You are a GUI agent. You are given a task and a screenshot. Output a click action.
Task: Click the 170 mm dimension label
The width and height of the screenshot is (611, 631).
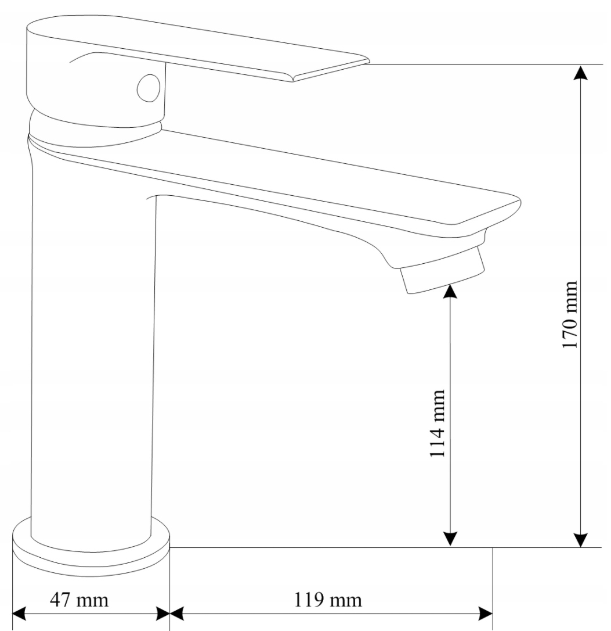point(572,314)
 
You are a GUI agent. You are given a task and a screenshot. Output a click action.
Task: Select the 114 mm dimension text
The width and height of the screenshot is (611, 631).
point(437,423)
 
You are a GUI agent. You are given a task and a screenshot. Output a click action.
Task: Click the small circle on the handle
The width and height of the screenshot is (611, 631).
point(147,88)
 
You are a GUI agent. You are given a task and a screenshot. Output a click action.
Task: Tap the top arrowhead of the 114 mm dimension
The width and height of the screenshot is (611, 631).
point(450,291)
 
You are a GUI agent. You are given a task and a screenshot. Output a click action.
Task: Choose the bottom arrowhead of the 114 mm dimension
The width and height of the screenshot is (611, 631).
point(450,540)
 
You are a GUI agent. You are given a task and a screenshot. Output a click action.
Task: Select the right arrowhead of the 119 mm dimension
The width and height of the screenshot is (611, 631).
point(486,614)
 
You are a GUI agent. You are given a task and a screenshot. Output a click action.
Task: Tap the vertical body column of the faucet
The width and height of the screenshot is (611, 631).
point(93,360)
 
